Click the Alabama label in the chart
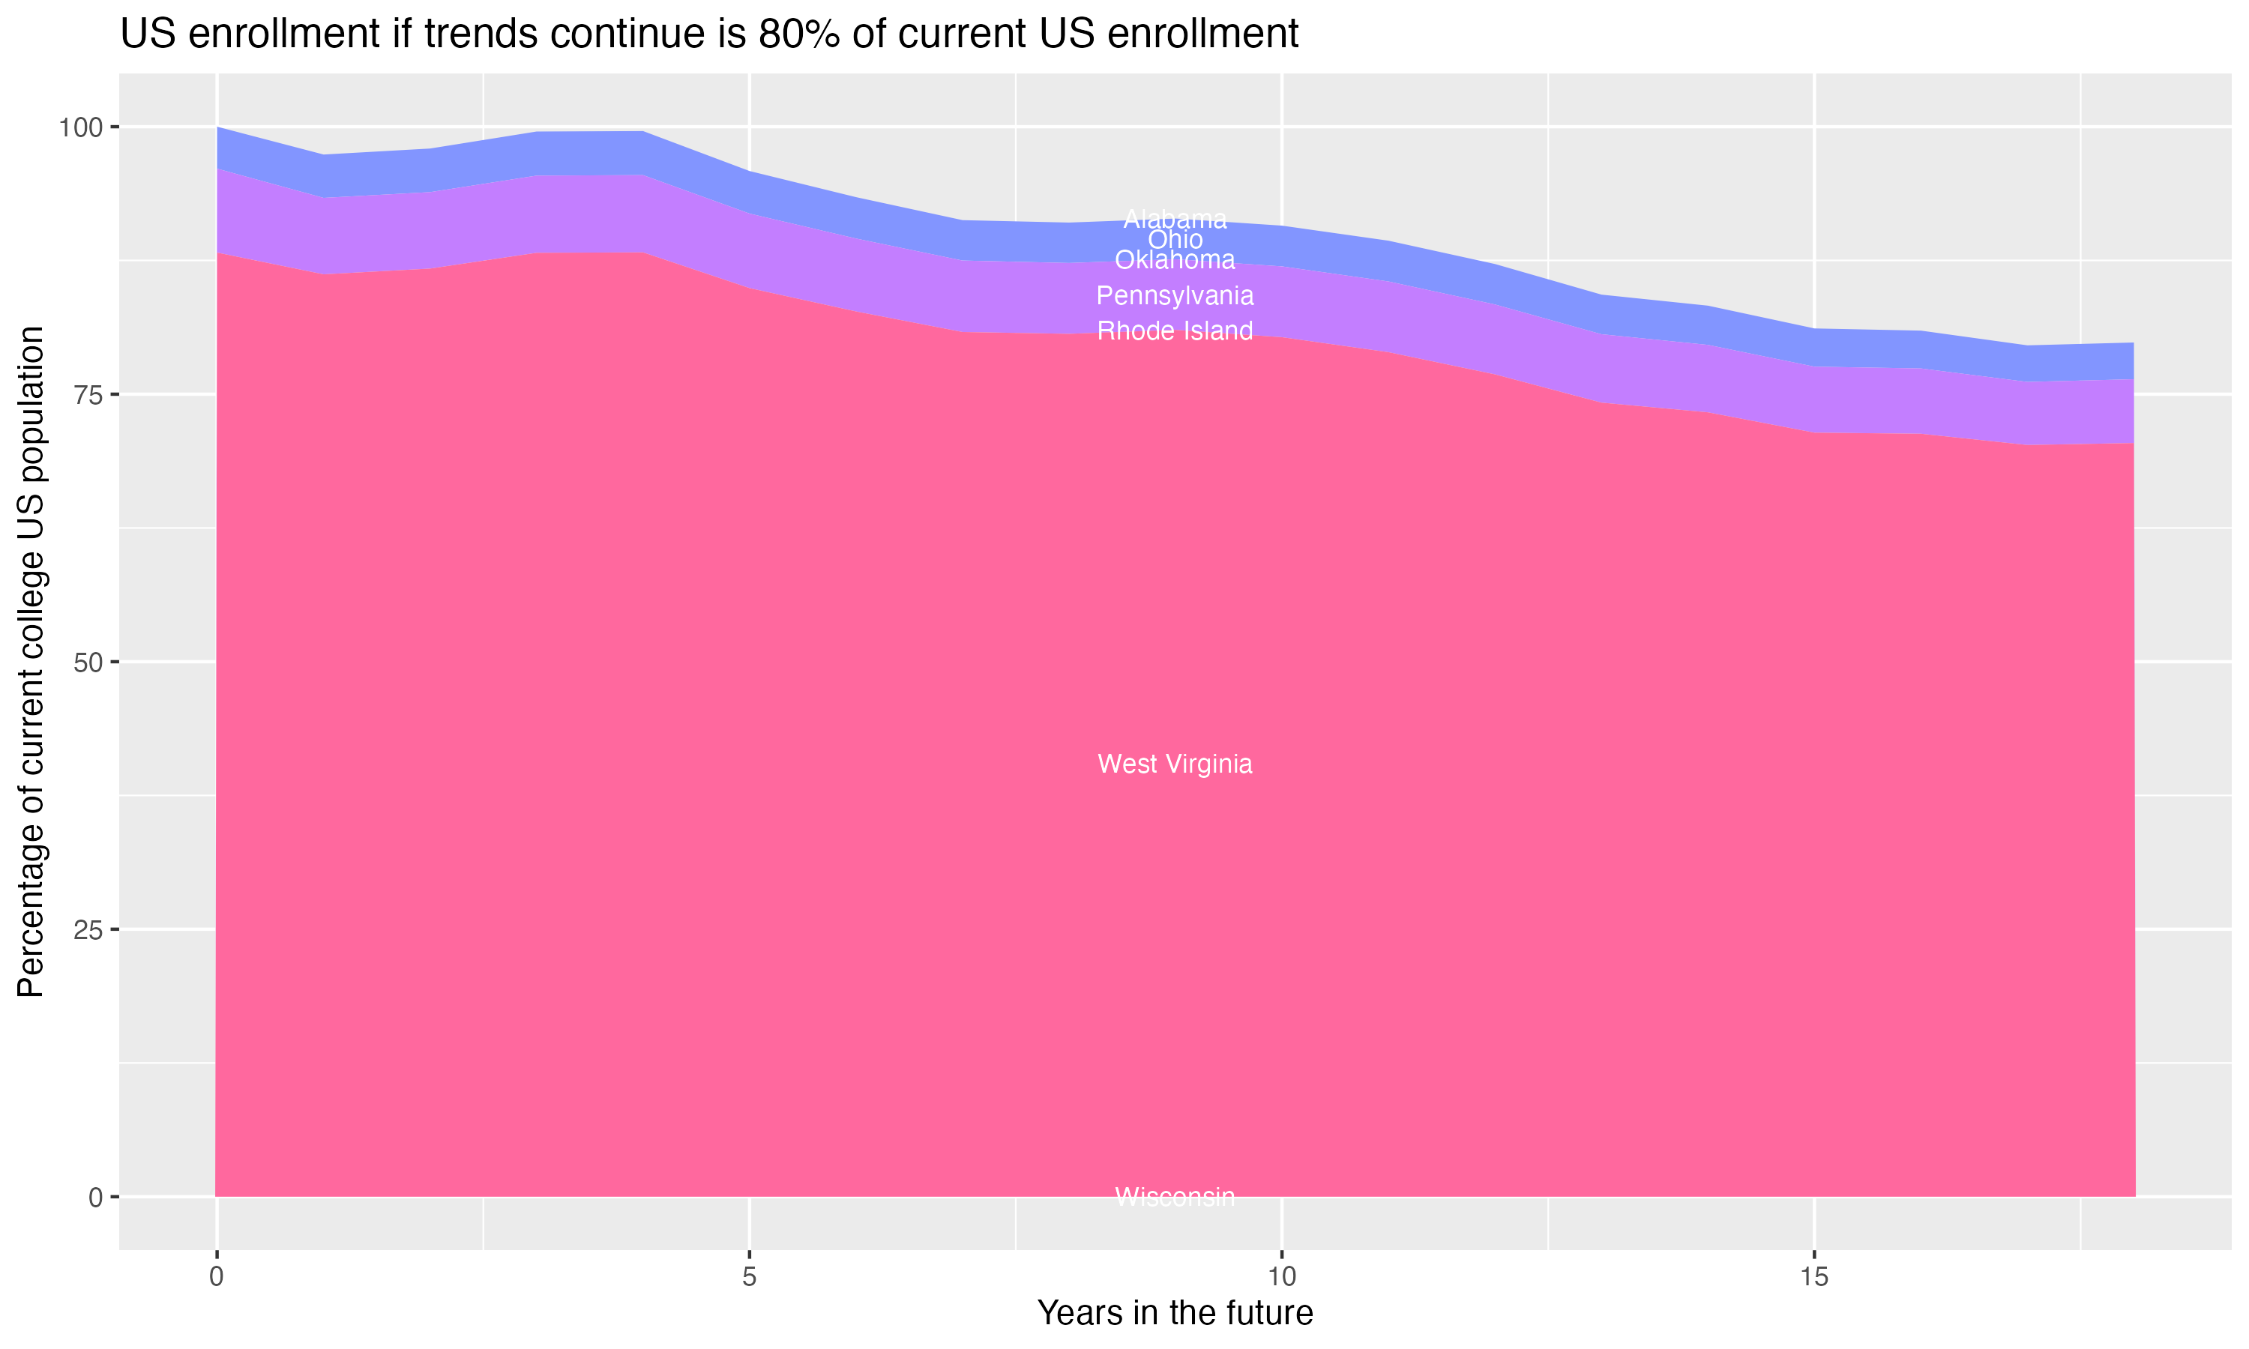pyautogui.click(x=1175, y=219)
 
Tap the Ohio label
pyautogui.click(x=1175, y=240)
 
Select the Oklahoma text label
pyautogui.click(x=1175, y=260)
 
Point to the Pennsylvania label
pyautogui.click(x=1175, y=296)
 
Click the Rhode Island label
pyautogui.click(x=1175, y=331)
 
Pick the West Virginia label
pyautogui.click(x=1175, y=764)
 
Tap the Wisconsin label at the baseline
pyautogui.click(x=1175, y=1197)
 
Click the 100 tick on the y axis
pyautogui.click(x=81, y=127)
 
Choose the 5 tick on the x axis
pyautogui.click(x=749, y=1277)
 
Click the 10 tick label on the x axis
pyautogui.click(x=1282, y=1277)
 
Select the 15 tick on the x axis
pyautogui.click(x=1814, y=1277)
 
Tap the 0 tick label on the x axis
pyautogui.click(x=217, y=1277)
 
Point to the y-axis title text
pyautogui.click(x=31, y=662)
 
